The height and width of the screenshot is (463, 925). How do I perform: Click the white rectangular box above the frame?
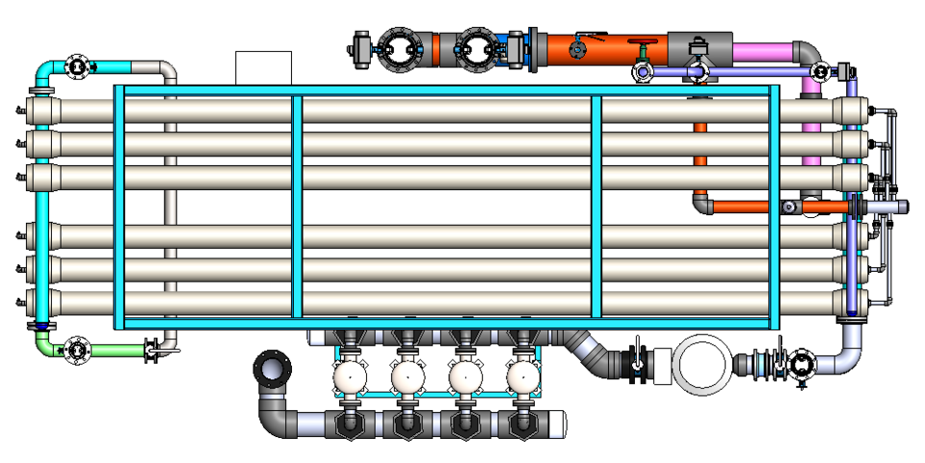(263, 68)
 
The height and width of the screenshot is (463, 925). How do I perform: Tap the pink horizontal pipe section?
(761, 49)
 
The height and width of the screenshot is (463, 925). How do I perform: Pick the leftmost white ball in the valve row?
(349, 377)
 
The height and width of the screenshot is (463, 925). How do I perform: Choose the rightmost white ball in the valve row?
(523, 377)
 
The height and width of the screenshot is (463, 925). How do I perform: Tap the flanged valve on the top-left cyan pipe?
(76, 67)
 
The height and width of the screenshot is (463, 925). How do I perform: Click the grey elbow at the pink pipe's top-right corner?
(807, 52)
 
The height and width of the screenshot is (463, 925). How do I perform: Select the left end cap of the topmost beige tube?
(40, 111)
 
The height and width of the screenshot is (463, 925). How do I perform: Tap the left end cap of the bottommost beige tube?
(40, 302)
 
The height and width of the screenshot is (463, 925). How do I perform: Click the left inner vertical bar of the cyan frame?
(297, 204)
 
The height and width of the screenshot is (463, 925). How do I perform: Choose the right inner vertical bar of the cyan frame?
(596, 204)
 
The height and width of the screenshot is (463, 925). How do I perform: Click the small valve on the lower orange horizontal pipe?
(790, 206)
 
